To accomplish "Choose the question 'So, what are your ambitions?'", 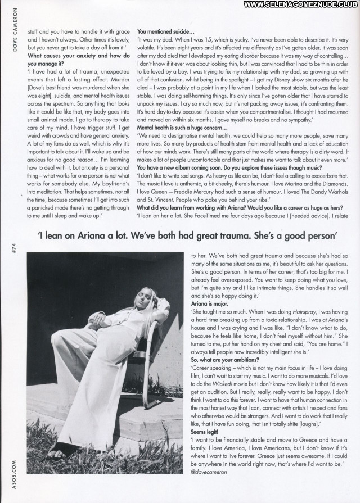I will pos(224,359).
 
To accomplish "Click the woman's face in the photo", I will pos(117,302).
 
